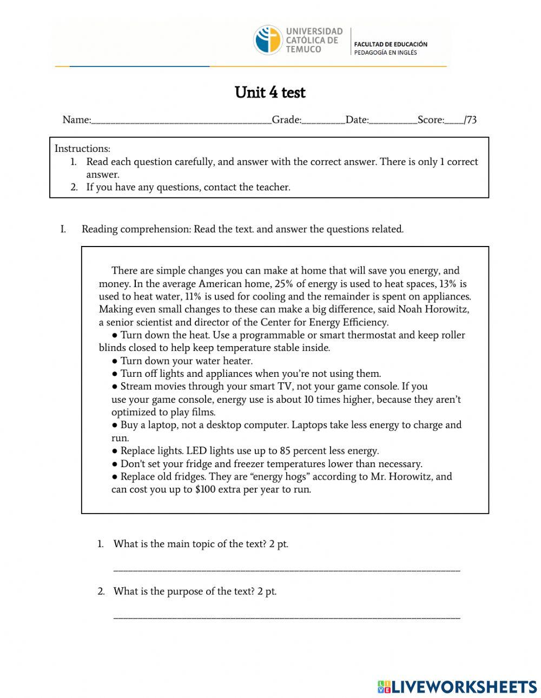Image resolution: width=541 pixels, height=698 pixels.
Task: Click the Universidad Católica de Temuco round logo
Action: click(x=268, y=40)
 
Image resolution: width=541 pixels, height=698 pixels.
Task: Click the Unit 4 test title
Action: click(x=270, y=92)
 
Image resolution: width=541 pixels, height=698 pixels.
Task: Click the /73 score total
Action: click(x=470, y=120)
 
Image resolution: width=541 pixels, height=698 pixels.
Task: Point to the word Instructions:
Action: click(x=82, y=149)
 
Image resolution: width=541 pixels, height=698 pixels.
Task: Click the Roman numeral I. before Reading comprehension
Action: click(x=63, y=229)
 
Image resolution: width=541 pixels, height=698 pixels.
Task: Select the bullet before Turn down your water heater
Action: click(x=115, y=361)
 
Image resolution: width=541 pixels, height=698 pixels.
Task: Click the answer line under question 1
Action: click(x=287, y=569)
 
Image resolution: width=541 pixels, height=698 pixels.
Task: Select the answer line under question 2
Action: click(x=287, y=616)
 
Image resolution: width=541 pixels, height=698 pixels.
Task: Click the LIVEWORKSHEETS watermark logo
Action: click(x=457, y=687)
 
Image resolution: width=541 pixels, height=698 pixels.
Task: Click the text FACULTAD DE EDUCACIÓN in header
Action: click(x=391, y=44)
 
